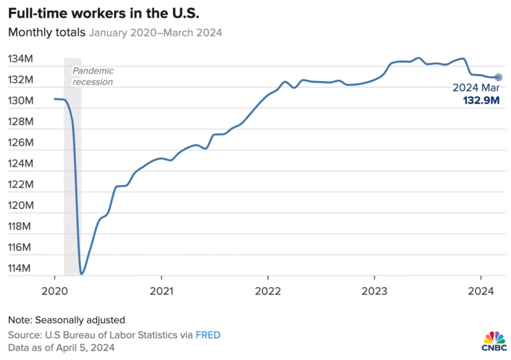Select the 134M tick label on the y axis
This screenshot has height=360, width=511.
click(20, 59)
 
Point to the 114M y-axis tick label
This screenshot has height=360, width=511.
click(20, 269)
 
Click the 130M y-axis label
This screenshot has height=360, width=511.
click(20, 101)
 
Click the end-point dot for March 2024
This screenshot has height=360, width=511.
click(498, 77)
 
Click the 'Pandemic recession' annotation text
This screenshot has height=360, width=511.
click(93, 76)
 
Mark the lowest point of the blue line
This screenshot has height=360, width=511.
click(81, 274)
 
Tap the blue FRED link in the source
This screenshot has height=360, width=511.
click(208, 335)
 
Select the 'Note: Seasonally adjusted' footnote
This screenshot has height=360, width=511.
click(66, 320)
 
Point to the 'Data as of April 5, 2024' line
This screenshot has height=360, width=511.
click(61, 348)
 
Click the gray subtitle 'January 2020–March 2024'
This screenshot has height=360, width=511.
click(156, 33)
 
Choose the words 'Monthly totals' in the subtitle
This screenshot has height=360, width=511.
click(47, 33)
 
